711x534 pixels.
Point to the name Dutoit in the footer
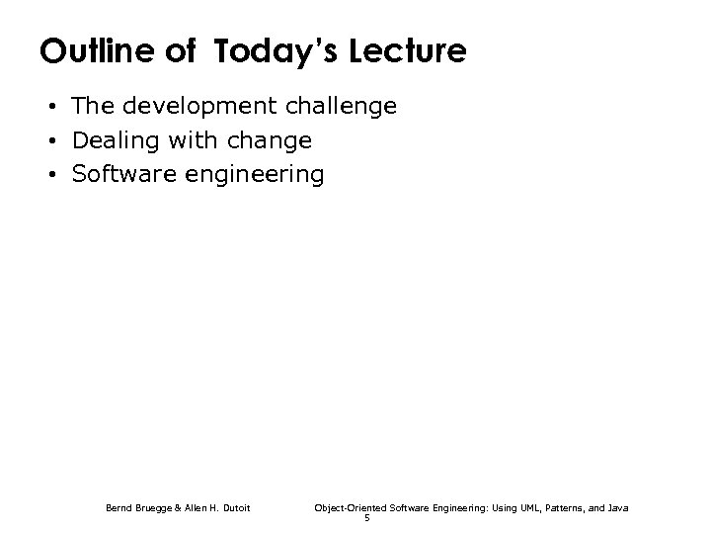coord(233,507)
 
